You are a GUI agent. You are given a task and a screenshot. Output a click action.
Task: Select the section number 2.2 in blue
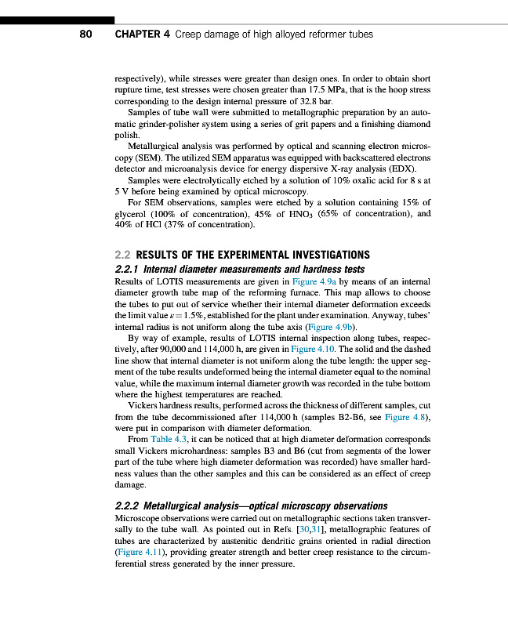pos(123,255)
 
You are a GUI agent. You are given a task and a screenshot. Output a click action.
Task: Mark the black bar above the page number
pos(57,20)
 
